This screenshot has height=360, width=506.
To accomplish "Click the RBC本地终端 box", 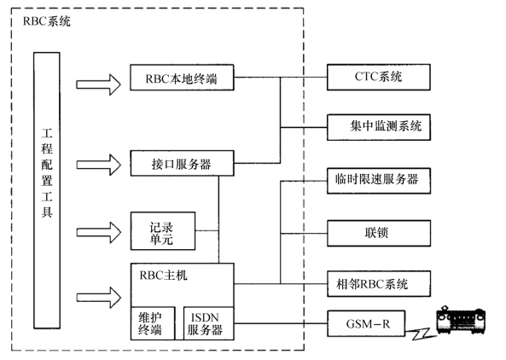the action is coord(182,78).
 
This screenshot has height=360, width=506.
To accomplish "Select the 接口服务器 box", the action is coord(182,163).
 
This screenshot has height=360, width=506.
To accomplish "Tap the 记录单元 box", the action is coord(163,231).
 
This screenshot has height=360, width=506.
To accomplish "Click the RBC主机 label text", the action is coord(163,276).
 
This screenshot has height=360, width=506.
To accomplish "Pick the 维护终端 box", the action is coord(153,323).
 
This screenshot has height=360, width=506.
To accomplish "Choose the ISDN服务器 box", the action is coord(209,323).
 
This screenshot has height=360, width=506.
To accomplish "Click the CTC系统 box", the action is coord(379,77).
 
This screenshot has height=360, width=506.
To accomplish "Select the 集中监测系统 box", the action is coord(379,127).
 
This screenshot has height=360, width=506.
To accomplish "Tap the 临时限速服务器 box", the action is coord(379,181).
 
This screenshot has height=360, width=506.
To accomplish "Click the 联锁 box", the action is coord(379,233).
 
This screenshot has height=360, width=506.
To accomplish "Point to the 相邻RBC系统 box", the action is coord(379,284).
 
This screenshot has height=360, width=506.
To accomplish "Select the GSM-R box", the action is coord(366,323).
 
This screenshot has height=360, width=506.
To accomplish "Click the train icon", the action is coord(461,320).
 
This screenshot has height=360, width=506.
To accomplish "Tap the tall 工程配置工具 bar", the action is coord(47,190).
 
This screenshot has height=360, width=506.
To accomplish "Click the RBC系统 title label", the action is coord(46,21).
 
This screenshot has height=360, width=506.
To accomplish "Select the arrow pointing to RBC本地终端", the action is coord(98,84).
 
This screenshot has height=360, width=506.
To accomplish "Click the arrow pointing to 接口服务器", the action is coord(98,165).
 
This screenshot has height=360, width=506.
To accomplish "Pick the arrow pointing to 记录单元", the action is coord(98,232).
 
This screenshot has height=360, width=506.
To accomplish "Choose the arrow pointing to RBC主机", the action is coord(98,297).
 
